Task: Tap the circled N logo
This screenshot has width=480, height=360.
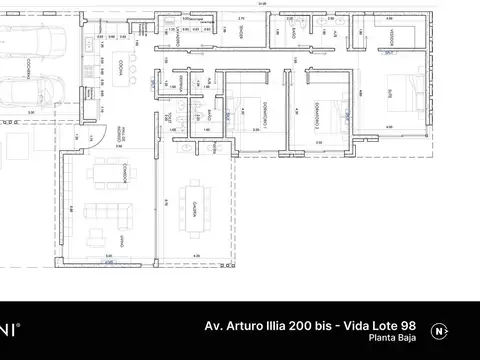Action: click(x=439, y=331)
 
